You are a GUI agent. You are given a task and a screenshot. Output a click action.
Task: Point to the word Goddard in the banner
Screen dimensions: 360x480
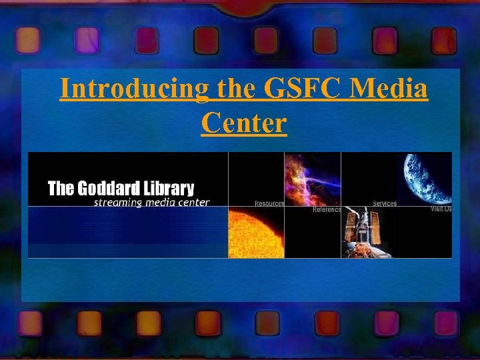click(107, 189)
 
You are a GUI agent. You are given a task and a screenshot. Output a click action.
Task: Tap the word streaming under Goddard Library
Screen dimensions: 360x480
click(116, 202)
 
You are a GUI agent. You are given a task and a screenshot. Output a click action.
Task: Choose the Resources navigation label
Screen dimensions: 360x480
click(269, 203)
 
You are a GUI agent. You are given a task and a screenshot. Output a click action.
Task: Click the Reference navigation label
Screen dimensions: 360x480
click(327, 209)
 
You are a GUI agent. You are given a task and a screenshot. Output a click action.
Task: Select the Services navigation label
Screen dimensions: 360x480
click(385, 203)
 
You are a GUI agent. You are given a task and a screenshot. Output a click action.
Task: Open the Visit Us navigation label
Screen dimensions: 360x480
click(441, 209)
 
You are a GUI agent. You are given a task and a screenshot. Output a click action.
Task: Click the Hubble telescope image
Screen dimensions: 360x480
click(368, 233)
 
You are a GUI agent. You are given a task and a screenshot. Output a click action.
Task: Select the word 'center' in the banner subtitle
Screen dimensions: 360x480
click(193, 202)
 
